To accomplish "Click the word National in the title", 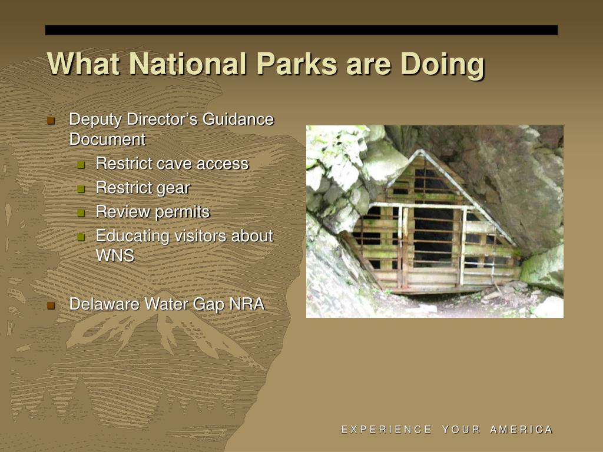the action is (x=187, y=64).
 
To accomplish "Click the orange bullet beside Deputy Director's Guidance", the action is (x=51, y=121).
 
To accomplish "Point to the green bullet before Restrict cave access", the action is (x=81, y=165).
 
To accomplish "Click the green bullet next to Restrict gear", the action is (x=81, y=189).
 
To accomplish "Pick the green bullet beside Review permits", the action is (x=81, y=213).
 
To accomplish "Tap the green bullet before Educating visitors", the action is (x=81, y=237).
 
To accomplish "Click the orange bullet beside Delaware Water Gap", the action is (x=51, y=305).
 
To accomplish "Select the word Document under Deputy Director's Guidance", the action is (x=107, y=139).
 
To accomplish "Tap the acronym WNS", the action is (x=115, y=256).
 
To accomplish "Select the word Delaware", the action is (x=104, y=304).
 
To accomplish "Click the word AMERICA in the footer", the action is (x=521, y=429).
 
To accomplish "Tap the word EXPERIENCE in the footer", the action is (x=386, y=429).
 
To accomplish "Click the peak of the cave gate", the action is (x=422, y=151).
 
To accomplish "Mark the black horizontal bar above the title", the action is (x=301, y=31).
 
